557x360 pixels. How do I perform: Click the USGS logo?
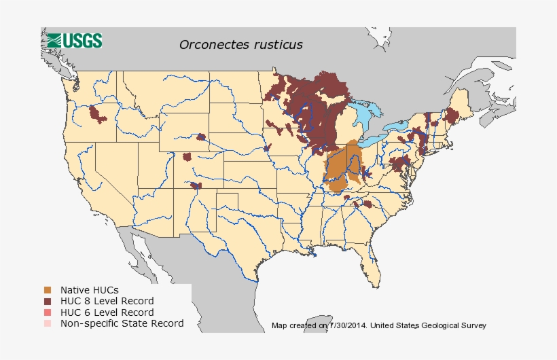click(75, 40)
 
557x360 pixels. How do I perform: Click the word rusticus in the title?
click(276, 44)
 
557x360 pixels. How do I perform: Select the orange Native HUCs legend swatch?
click(47, 290)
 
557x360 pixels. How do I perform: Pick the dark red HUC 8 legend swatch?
click(47, 301)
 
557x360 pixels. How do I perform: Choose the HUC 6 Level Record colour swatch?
click(47, 312)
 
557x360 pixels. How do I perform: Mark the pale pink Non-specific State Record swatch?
click(47, 323)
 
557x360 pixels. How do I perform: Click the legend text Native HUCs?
click(89, 290)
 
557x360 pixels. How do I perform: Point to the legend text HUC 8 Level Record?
click(107, 301)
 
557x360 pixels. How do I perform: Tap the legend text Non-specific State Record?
click(122, 323)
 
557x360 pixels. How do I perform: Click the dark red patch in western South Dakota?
click(201, 137)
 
